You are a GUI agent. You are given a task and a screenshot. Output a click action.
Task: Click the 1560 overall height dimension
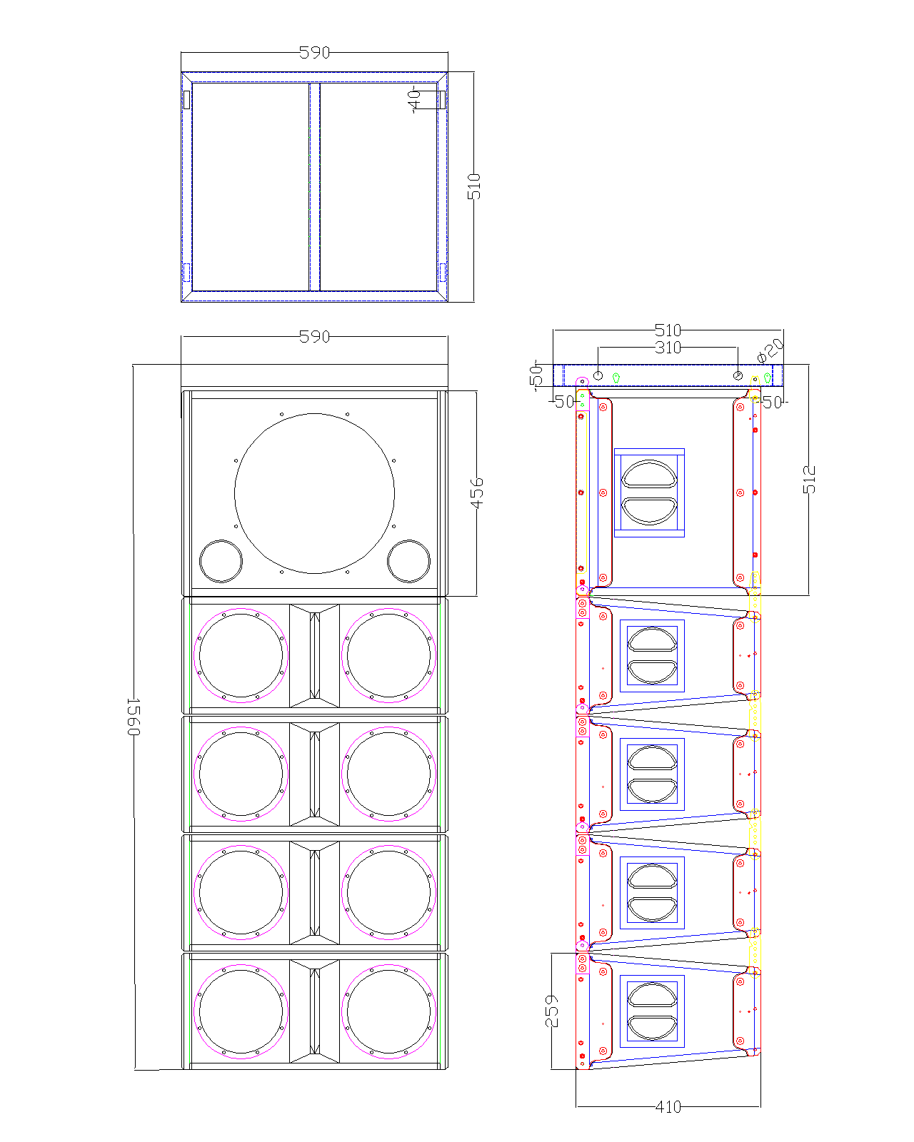(x=134, y=717)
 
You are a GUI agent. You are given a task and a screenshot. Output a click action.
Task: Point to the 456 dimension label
(x=477, y=493)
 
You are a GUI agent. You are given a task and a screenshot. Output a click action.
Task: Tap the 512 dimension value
(x=809, y=479)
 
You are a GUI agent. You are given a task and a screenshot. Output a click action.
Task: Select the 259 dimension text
(x=552, y=1011)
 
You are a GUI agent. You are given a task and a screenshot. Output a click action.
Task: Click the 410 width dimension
(x=668, y=1107)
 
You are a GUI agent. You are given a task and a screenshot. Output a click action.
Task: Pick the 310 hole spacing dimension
(x=668, y=348)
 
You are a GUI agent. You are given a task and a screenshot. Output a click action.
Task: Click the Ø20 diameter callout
(x=770, y=350)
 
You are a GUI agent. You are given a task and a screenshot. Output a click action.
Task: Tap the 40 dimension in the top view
(x=413, y=101)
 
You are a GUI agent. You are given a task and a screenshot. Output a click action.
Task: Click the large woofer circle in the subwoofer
(x=314, y=413)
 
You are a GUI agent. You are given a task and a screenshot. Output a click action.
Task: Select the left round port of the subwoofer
(x=221, y=540)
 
